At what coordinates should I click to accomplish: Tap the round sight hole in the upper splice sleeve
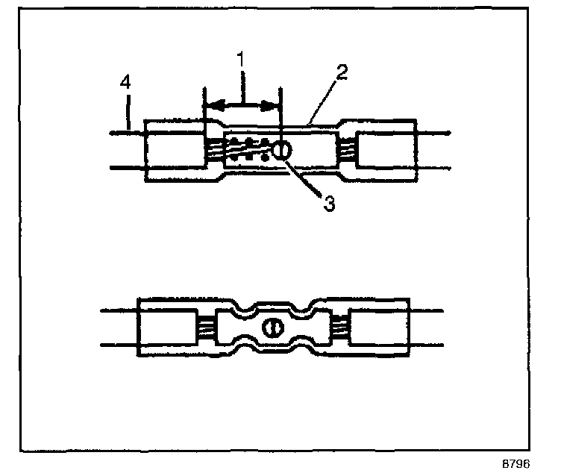(x=282, y=151)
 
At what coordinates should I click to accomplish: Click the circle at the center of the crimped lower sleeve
(x=272, y=327)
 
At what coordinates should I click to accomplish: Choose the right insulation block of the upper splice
(x=386, y=150)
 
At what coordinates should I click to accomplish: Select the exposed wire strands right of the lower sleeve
(x=341, y=327)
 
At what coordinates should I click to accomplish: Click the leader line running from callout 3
(x=306, y=179)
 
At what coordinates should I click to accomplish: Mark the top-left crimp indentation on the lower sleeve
(x=245, y=305)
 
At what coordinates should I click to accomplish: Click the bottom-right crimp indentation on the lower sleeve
(x=299, y=348)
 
